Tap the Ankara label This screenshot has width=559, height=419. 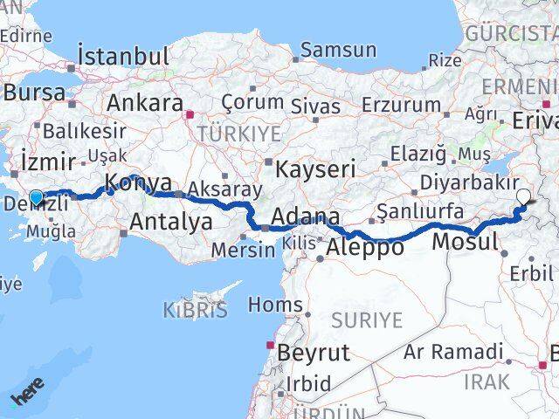coord(144,102)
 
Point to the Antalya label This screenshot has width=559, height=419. coord(170,222)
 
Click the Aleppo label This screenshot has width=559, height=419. coord(364,247)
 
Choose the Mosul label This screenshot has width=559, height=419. coord(466,242)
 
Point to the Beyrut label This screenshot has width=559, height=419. coord(313,354)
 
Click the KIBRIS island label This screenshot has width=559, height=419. coord(195,309)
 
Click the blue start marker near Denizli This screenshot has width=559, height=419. coord(36,197)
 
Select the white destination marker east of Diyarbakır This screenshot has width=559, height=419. coord(523,197)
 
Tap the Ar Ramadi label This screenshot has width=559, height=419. coord(454,353)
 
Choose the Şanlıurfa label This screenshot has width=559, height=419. coord(419,210)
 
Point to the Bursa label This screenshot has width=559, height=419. coord(35,92)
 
